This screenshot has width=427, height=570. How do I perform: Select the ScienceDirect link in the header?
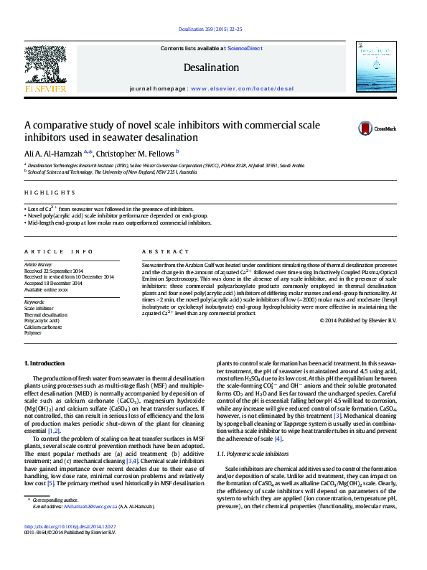point(245,48)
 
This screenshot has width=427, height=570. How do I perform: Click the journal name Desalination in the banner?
point(212,67)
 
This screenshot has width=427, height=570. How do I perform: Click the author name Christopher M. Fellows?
point(136,152)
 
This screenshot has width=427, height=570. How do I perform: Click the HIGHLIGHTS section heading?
point(50,192)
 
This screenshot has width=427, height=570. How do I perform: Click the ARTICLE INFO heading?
point(59,252)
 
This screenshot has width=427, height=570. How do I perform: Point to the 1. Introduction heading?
point(45,365)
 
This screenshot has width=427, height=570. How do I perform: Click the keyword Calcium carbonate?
point(45,327)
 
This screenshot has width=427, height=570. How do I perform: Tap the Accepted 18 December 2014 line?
point(54,283)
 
